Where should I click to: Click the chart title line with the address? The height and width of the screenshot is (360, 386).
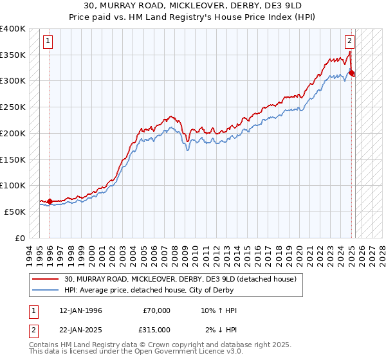point(193,5)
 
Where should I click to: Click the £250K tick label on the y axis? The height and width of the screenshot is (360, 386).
point(13,107)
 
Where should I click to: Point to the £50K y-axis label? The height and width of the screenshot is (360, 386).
point(15,211)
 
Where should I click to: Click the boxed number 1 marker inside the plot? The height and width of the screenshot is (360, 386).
point(49,42)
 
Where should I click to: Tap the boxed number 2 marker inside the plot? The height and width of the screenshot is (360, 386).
point(349,42)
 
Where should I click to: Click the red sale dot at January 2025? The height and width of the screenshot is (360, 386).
point(352,73)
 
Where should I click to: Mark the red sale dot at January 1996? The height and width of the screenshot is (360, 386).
point(50,201)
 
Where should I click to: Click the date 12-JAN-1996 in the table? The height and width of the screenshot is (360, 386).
point(80,310)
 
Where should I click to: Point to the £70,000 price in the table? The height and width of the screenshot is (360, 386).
point(156,310)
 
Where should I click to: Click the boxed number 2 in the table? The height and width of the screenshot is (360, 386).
point(32,330)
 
